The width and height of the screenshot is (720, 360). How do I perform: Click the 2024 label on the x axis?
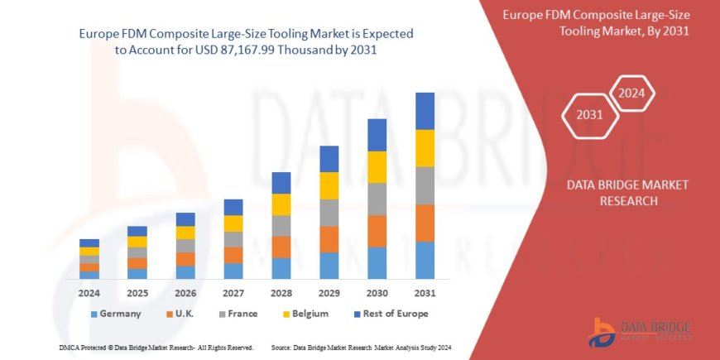point(89,293)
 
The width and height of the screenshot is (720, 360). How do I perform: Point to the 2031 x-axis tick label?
point(425,293)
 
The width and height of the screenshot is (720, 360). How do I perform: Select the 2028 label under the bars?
point(281,293)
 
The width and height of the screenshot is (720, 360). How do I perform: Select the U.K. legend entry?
point(185,314)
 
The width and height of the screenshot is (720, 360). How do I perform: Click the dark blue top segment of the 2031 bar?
point(425,111)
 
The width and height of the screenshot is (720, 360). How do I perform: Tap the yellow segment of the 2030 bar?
point(377,167)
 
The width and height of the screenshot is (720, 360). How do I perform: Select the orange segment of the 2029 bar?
point(329,239)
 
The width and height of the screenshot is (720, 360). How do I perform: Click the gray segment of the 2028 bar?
point(281,226)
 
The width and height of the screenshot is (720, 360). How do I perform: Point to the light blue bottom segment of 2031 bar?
point(425,260)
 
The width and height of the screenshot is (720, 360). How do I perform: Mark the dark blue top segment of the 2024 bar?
point(89,242)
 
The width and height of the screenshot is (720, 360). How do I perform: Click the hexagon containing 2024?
point(632,93)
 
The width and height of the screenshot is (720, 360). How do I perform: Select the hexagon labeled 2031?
point(589,114)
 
